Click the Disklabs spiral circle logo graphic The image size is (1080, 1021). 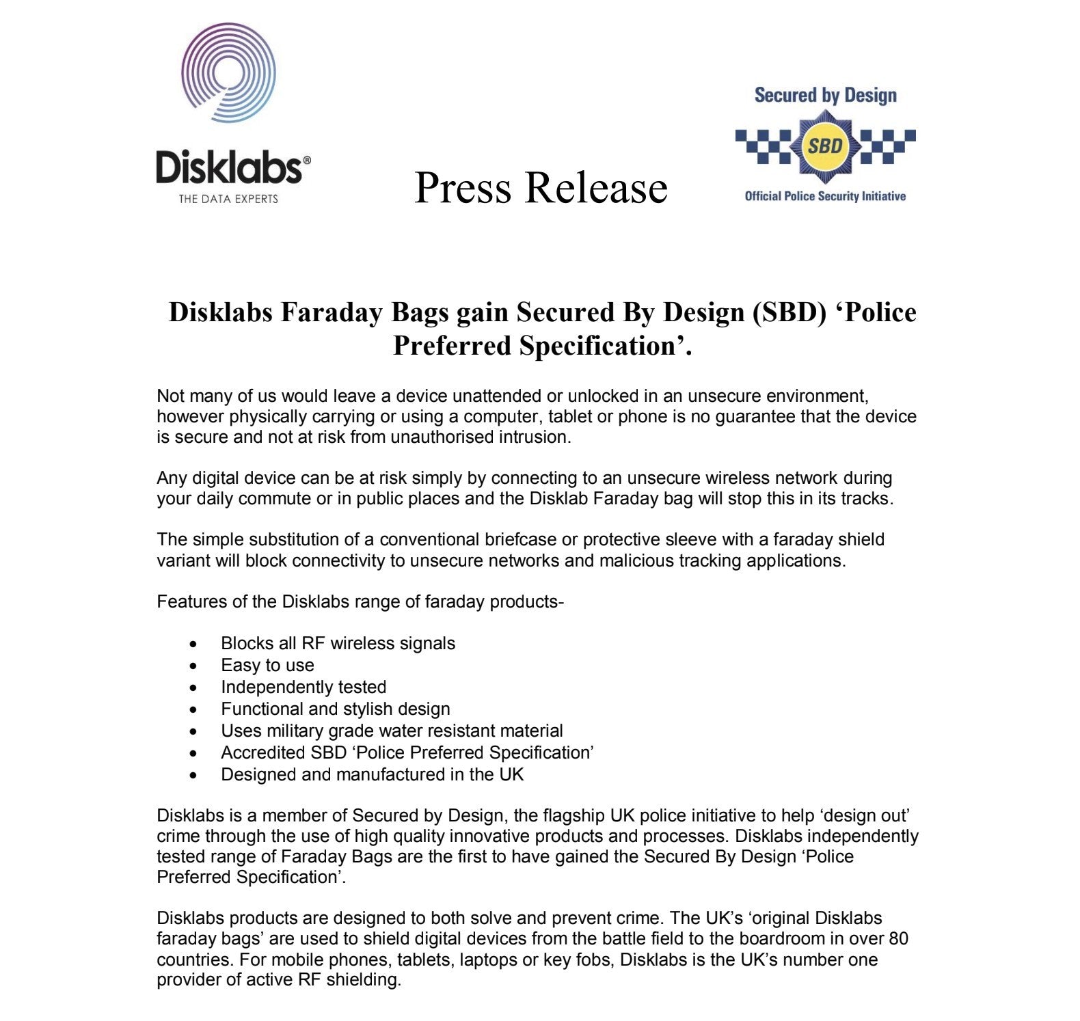point(228,73)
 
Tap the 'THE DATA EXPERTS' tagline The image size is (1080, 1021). point(228,199)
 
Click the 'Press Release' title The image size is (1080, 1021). point(541,187)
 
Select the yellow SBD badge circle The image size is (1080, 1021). point(825,146)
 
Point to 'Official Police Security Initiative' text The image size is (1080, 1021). point(825,196)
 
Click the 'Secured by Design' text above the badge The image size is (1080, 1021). point(825,95)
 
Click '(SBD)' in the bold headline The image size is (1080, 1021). point(789,312)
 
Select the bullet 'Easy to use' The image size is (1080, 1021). point(267,665)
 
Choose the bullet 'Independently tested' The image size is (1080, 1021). point(303,687)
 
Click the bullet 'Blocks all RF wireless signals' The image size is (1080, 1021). point(338,643)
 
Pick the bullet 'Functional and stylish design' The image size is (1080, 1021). point(335,709)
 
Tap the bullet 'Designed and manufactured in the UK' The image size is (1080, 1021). point(372,774)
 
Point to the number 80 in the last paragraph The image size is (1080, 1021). point(898,938)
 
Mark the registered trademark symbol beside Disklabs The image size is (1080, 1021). point(306,160)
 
